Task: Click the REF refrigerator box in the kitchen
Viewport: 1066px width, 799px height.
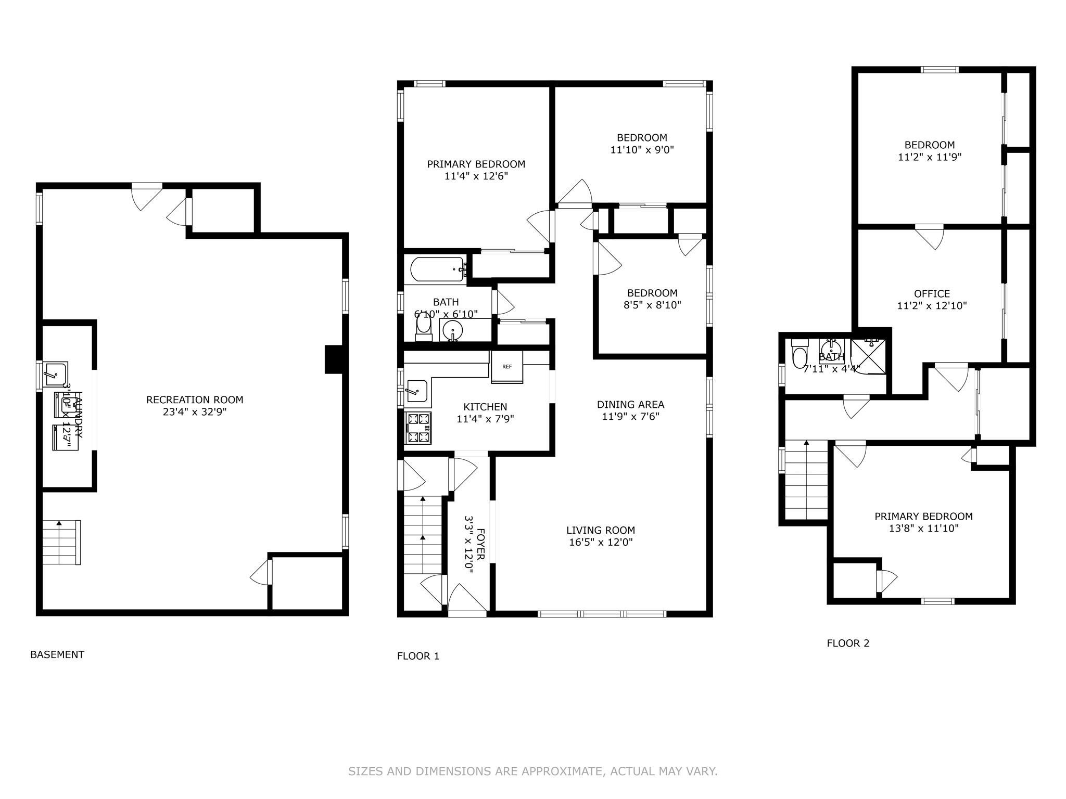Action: [507, 367]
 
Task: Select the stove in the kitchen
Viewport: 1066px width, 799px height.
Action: [418, 427]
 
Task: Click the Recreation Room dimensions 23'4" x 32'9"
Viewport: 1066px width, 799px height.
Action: [195, 412]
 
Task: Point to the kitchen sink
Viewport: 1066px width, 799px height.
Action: [416, 391]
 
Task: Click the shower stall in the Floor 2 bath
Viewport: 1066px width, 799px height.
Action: [868, 356]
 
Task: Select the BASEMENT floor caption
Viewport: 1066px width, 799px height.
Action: [57, 654]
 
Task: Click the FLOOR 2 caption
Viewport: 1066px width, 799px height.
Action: [848, 643]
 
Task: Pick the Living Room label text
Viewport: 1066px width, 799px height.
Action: [601, 530]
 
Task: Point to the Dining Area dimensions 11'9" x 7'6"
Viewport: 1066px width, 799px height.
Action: [631, 416]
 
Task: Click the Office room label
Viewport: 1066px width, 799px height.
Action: [932, 293]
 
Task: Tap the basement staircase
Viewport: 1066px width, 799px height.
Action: [61, 542]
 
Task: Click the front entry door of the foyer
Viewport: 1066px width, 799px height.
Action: [467, 603]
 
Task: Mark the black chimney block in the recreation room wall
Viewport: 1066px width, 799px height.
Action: [334, 359]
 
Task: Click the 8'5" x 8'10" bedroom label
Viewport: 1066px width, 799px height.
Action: [652, 305]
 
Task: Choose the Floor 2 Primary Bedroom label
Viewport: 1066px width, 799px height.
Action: [923, 516]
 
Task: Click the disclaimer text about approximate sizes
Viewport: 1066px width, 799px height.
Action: [532, 771]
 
